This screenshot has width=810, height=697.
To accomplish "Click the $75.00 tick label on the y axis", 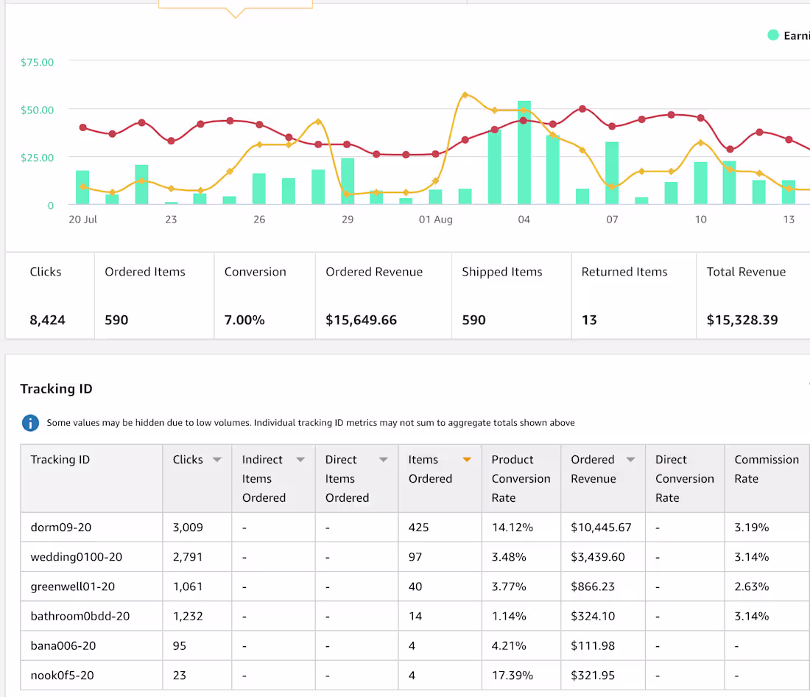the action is tap(38, 62).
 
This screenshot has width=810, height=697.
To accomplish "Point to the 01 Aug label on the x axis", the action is tap(435, 220).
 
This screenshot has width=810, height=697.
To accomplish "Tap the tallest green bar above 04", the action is tap(524, 152).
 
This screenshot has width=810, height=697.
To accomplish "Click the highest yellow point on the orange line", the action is tap(465, 95).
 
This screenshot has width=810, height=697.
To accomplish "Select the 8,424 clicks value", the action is tap(48, 320).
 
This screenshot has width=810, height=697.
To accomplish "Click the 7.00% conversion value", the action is tap(244, 320).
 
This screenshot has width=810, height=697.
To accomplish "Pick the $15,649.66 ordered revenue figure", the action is tap(361, 320).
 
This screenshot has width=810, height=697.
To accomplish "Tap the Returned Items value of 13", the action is tap(589, 320).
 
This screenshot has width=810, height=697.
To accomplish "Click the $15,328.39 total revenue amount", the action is tap(742, 320).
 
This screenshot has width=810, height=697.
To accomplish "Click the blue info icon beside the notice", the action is tap(30, 423).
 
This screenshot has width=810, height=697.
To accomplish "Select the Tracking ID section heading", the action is tap(56, 389).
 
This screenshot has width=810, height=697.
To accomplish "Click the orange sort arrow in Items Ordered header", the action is tap(467, 460).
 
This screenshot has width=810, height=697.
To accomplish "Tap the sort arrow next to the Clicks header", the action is tap(217, 460).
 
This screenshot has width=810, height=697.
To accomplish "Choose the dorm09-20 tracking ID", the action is tap(61, 528).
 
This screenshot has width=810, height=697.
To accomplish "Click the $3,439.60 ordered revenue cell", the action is tap(598, 557).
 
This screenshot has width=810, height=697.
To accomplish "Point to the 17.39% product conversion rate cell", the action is tap(513, 676).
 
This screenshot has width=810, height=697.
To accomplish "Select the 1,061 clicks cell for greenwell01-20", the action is tap(188, 586).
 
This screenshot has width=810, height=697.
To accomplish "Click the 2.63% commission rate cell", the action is tap(752, 586).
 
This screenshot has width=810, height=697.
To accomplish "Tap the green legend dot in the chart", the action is tap(772, 35).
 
